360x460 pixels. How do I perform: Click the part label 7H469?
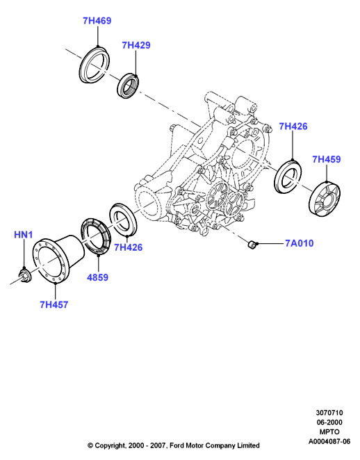point(97,21)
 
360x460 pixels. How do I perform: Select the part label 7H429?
point(136,45)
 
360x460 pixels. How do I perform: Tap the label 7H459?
point(326,159)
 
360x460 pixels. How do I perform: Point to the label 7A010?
point(300,243)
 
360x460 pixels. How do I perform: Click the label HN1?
point(24,235)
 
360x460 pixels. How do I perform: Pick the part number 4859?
point(98,277)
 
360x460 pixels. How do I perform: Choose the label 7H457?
point(54,304)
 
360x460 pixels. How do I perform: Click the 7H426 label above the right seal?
point(293,126)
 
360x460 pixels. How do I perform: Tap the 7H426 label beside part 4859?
point(128,247)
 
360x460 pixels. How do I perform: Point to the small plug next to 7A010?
point(251,245)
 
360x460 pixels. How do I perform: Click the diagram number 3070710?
point(329,413)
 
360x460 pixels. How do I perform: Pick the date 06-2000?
point(329,422)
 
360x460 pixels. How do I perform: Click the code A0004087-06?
point(329,441)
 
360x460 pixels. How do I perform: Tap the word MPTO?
point(329,432)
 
